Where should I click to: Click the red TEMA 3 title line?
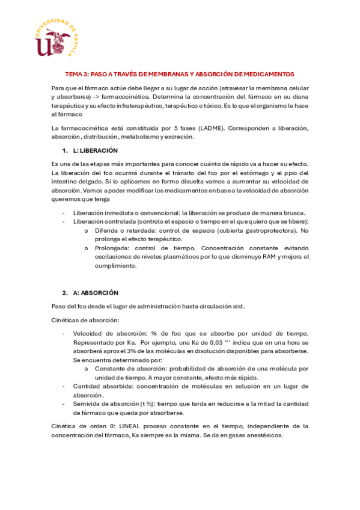click(180, 74)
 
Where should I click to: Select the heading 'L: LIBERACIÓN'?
click(95, 150)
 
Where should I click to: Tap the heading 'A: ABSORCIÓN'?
click(95, 292)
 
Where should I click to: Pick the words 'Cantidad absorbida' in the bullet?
click(101, 386)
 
